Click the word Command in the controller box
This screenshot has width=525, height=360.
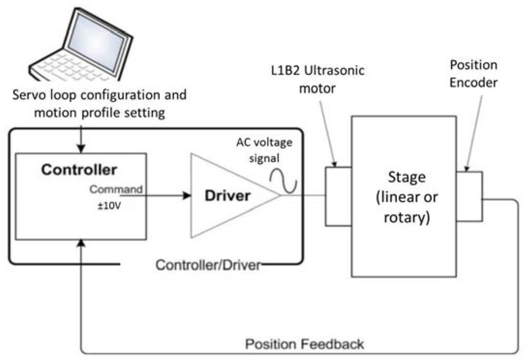116,189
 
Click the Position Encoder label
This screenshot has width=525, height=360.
473,73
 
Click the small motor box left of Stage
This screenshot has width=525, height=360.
338,196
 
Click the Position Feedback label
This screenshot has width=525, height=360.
304,343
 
